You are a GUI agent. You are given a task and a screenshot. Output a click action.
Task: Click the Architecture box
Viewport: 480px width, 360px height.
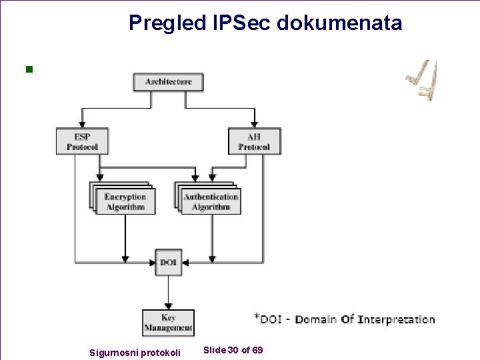(168, 82)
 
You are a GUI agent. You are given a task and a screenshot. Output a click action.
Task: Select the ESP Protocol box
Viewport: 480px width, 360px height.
(82, 141)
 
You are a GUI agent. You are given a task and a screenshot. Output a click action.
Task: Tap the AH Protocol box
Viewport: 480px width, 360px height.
(254, 141)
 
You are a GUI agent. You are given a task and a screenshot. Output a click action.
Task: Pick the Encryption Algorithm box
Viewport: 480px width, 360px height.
(125, 202)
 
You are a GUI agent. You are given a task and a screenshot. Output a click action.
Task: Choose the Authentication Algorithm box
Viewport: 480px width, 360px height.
(211, 202)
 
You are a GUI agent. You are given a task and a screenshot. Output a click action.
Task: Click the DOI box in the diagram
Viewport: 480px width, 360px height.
(168, 263)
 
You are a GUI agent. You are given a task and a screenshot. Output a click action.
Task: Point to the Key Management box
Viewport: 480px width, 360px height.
(168, 323)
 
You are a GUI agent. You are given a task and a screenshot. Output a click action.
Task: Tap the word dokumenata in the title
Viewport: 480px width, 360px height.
(339, 23)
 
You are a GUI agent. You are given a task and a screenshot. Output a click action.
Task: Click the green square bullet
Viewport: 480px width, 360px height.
(28, 69)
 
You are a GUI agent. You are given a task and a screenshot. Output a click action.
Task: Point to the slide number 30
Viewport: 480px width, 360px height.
(233, 350)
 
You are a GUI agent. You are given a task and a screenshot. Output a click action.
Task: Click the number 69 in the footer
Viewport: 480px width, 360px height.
(257, 350)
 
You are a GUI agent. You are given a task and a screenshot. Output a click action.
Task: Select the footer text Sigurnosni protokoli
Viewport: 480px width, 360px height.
(135, 351)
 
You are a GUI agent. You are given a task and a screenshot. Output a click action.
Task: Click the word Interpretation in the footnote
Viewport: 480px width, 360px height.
(397, 319)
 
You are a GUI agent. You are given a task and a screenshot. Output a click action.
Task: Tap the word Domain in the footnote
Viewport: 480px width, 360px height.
(315, 319)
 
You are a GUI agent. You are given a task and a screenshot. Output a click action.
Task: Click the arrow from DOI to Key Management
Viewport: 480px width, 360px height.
(168, 292)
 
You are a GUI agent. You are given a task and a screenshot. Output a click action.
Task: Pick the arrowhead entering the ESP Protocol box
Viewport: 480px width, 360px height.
(82, 124)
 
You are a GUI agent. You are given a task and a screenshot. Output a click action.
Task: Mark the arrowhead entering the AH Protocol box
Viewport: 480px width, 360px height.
(254, 124)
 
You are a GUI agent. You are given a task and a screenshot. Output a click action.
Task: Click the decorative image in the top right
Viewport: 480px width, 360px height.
(421, 80)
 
